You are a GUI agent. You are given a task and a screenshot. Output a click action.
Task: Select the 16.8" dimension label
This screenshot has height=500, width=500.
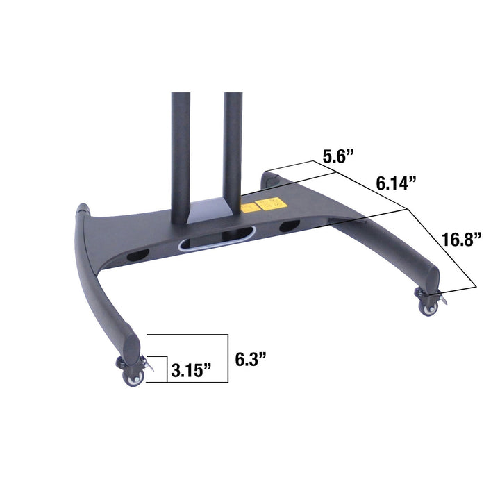coord(462,240)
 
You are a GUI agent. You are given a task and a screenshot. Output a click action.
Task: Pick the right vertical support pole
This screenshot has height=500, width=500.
coord(233,146)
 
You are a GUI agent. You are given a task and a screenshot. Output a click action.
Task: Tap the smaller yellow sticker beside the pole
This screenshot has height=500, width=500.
coord(247,208)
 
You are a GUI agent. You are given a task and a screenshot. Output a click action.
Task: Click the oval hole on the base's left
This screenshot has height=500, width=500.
coord(139,256)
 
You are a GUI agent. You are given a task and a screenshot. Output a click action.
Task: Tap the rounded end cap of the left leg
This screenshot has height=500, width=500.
coord(131,343)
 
